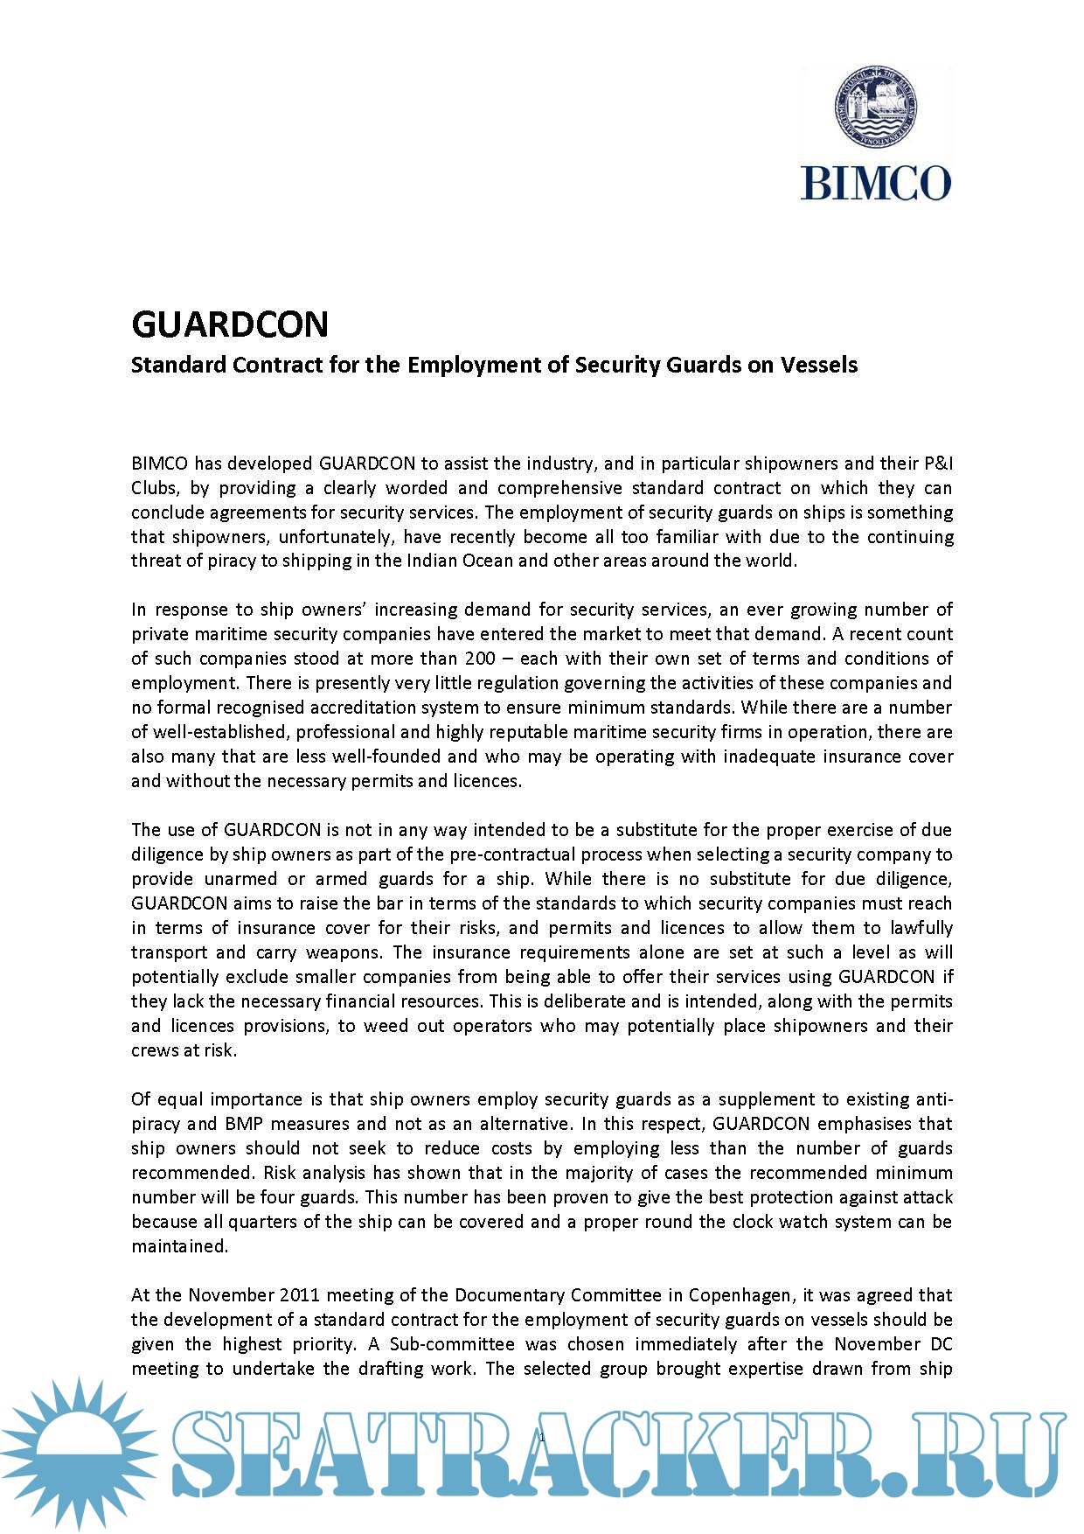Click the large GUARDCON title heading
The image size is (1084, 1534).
(230, 324)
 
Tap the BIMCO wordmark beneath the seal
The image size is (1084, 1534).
(875, 183)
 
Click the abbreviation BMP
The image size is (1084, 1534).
(244, 1123)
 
